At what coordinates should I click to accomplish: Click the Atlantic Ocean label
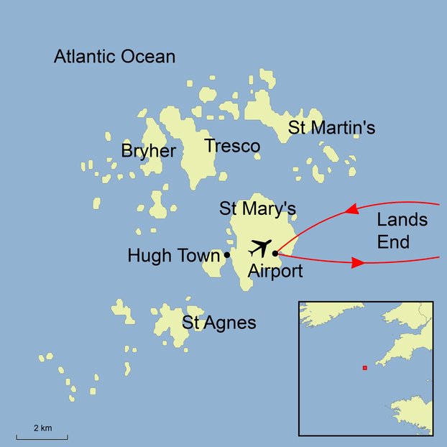click(x=115, y=57)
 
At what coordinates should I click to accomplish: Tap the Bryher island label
click(x=148, y=151)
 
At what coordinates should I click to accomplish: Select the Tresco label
click(x=231, y=147)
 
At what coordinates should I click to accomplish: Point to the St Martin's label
click(x=331, y=128)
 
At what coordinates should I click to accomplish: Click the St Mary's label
click(x=257, y=208)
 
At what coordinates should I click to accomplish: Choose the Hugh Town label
click(x=173, y=255)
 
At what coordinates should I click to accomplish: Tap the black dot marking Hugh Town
click(x=227, y=254)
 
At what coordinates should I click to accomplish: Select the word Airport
click(x=275, y=271)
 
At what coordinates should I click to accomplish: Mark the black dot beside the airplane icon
click(x=275, y=253)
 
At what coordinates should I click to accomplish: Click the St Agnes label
click(x=218, y=323)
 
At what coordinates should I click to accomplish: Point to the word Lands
click(x=402, y=219)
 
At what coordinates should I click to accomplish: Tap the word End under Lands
click(x=394, y=242)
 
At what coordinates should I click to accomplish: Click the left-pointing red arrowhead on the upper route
click(x=351, y=211)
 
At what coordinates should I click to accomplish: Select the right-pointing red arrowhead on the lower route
click(x=358, y=263)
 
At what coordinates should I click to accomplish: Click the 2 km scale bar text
click(x=42, y=428)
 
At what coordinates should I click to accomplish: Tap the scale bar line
click(x=42, y=437)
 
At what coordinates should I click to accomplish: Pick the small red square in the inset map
click(x=365, y=368)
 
